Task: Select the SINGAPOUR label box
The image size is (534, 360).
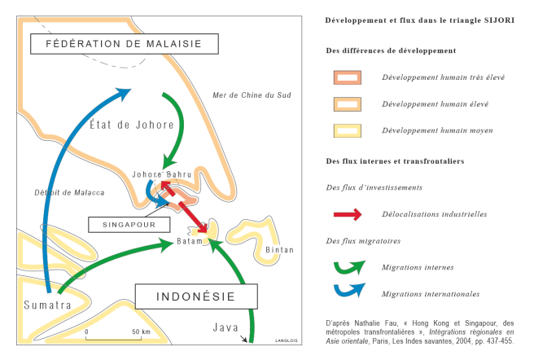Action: point(129,222)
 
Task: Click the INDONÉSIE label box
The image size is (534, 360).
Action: point(195,295)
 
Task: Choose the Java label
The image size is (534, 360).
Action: point(225,327)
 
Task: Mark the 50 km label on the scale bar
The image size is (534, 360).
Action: point(140,332)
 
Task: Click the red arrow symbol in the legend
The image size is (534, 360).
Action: point(348,214)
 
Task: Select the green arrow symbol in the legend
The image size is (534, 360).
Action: point(348,266)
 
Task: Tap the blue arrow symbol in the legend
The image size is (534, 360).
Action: point(348,290)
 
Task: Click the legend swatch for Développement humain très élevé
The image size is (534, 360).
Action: point(348,77)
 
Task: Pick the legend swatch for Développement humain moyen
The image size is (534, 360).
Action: point(348,130)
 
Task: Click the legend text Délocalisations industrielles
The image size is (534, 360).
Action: point(434,214)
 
